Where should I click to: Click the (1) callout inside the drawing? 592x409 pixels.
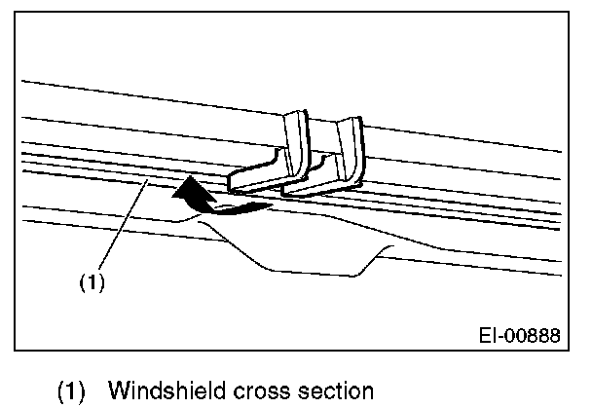pos(91,285)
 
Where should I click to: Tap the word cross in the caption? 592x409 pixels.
pos(257,391)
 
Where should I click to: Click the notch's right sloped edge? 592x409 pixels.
pos(375,258)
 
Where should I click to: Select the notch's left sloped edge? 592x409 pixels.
pos(239,246)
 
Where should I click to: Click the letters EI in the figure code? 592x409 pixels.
pos(491,336)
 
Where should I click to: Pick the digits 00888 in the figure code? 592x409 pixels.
pos(535,336)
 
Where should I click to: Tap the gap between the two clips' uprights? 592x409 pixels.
pos(322,136)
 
